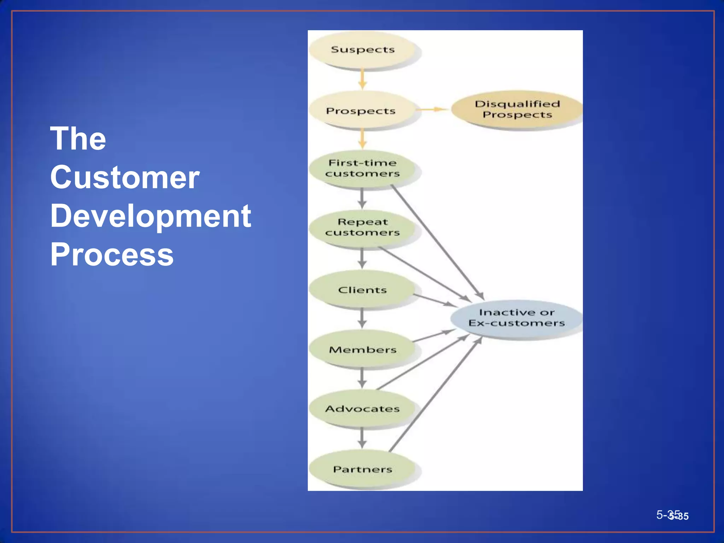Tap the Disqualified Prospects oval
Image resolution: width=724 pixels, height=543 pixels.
click(x=517, y=109)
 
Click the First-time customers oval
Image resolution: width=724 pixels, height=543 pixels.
click(x=362, y=169)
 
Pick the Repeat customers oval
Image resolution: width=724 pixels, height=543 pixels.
click(x=362, y=227)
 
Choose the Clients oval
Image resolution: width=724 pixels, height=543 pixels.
click(x=362, y=290)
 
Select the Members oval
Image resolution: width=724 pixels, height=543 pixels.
click(x=362, y=349)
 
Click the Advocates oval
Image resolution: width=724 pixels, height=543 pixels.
click(x=362, y=409)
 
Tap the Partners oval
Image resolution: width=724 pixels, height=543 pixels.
click(x=362, y=469)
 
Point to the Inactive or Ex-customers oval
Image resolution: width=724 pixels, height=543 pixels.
click(x=516, y=318)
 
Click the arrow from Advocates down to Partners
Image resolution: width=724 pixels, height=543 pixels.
click(x=362, y=438)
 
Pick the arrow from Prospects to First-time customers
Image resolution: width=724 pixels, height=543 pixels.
click(x=362, y=139)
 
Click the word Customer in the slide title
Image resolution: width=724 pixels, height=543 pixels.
click(x=125, y=177)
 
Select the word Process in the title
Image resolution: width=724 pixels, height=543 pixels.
click(x=112, y=254)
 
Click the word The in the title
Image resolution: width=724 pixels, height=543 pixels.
click(x=78, y=139)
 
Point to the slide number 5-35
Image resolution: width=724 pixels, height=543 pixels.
click(x=671, y=515)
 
